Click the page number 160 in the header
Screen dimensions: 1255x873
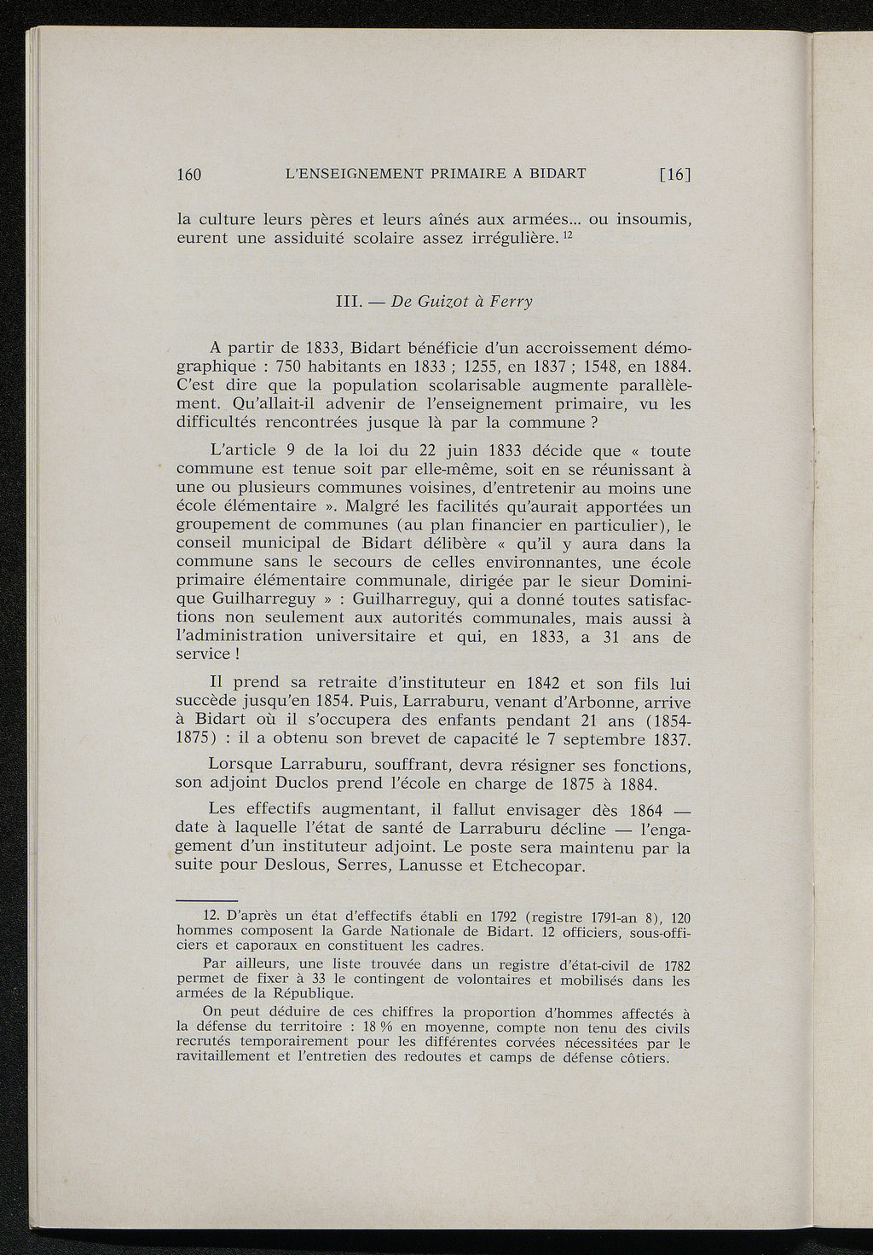(188, 175)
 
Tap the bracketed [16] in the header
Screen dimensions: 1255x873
(674, 175)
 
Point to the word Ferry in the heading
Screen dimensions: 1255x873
(509, 304)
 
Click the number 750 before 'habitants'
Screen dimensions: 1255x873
(292, 367)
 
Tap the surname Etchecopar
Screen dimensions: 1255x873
(533, 867)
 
